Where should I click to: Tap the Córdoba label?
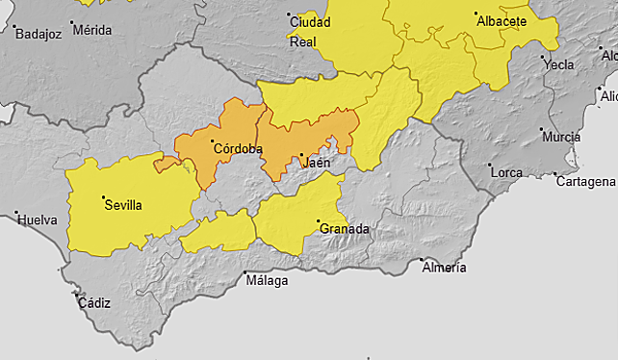click(x=238, y=148)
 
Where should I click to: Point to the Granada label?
click(x=345, y=229)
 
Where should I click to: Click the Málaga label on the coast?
click(x=267, y=281)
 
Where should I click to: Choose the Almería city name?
click(x=444, y=267)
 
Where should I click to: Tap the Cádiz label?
click(x=93, y=303)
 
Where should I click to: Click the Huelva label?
click(x=36, y=219)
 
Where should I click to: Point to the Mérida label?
click(x=91, y=30)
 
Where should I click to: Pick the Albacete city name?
click(x=502, y=20)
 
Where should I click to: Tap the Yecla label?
click(x=558, y=65)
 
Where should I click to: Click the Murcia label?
click(x=561, y=138)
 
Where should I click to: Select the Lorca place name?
click(x=505, y=171)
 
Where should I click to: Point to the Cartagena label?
click(x=586, y=182)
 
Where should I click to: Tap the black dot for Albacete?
click(x=476, y=14)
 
